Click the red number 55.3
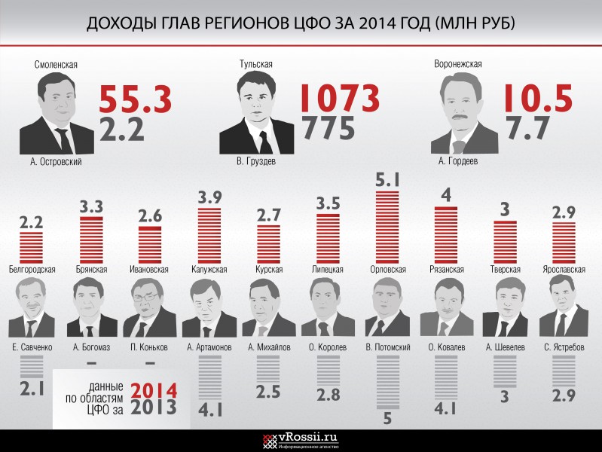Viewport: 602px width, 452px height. tap(135, 99)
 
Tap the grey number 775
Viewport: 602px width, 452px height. tap(328, 128)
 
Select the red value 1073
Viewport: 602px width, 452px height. tap(340, 98)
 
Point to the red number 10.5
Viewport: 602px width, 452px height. tap(538, 99)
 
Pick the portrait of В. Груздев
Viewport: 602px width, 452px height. tap(256, 112)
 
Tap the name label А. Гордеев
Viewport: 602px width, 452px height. tap(458, 161)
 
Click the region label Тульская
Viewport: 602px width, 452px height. tap(256, 64)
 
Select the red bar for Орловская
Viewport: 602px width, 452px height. tap(387, 227)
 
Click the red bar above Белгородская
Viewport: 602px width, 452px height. tap(32, 247)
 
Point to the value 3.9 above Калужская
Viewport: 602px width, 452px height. tap(210, 197)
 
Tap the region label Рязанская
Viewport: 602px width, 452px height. tap(447, 269)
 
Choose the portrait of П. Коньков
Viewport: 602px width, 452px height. tap(149, 307)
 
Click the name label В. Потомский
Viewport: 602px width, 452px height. tap(388, 347)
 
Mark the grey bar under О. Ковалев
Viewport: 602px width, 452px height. tap(446, 378)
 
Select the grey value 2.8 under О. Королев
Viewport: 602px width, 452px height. tap(329, 395)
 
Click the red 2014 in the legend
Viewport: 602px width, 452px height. tap(154, 390)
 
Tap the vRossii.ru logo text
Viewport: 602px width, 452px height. tap(308, 437)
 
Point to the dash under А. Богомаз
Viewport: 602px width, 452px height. tap(91, 363)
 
